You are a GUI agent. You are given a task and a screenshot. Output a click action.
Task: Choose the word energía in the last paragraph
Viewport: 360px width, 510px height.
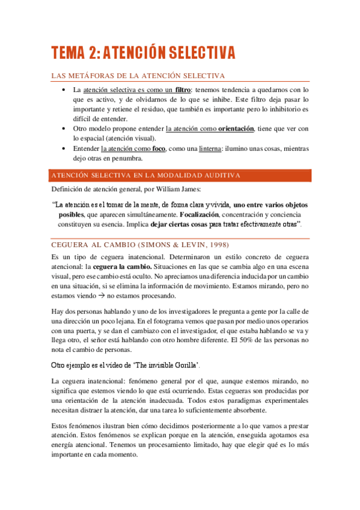click(x=65, y=445)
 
